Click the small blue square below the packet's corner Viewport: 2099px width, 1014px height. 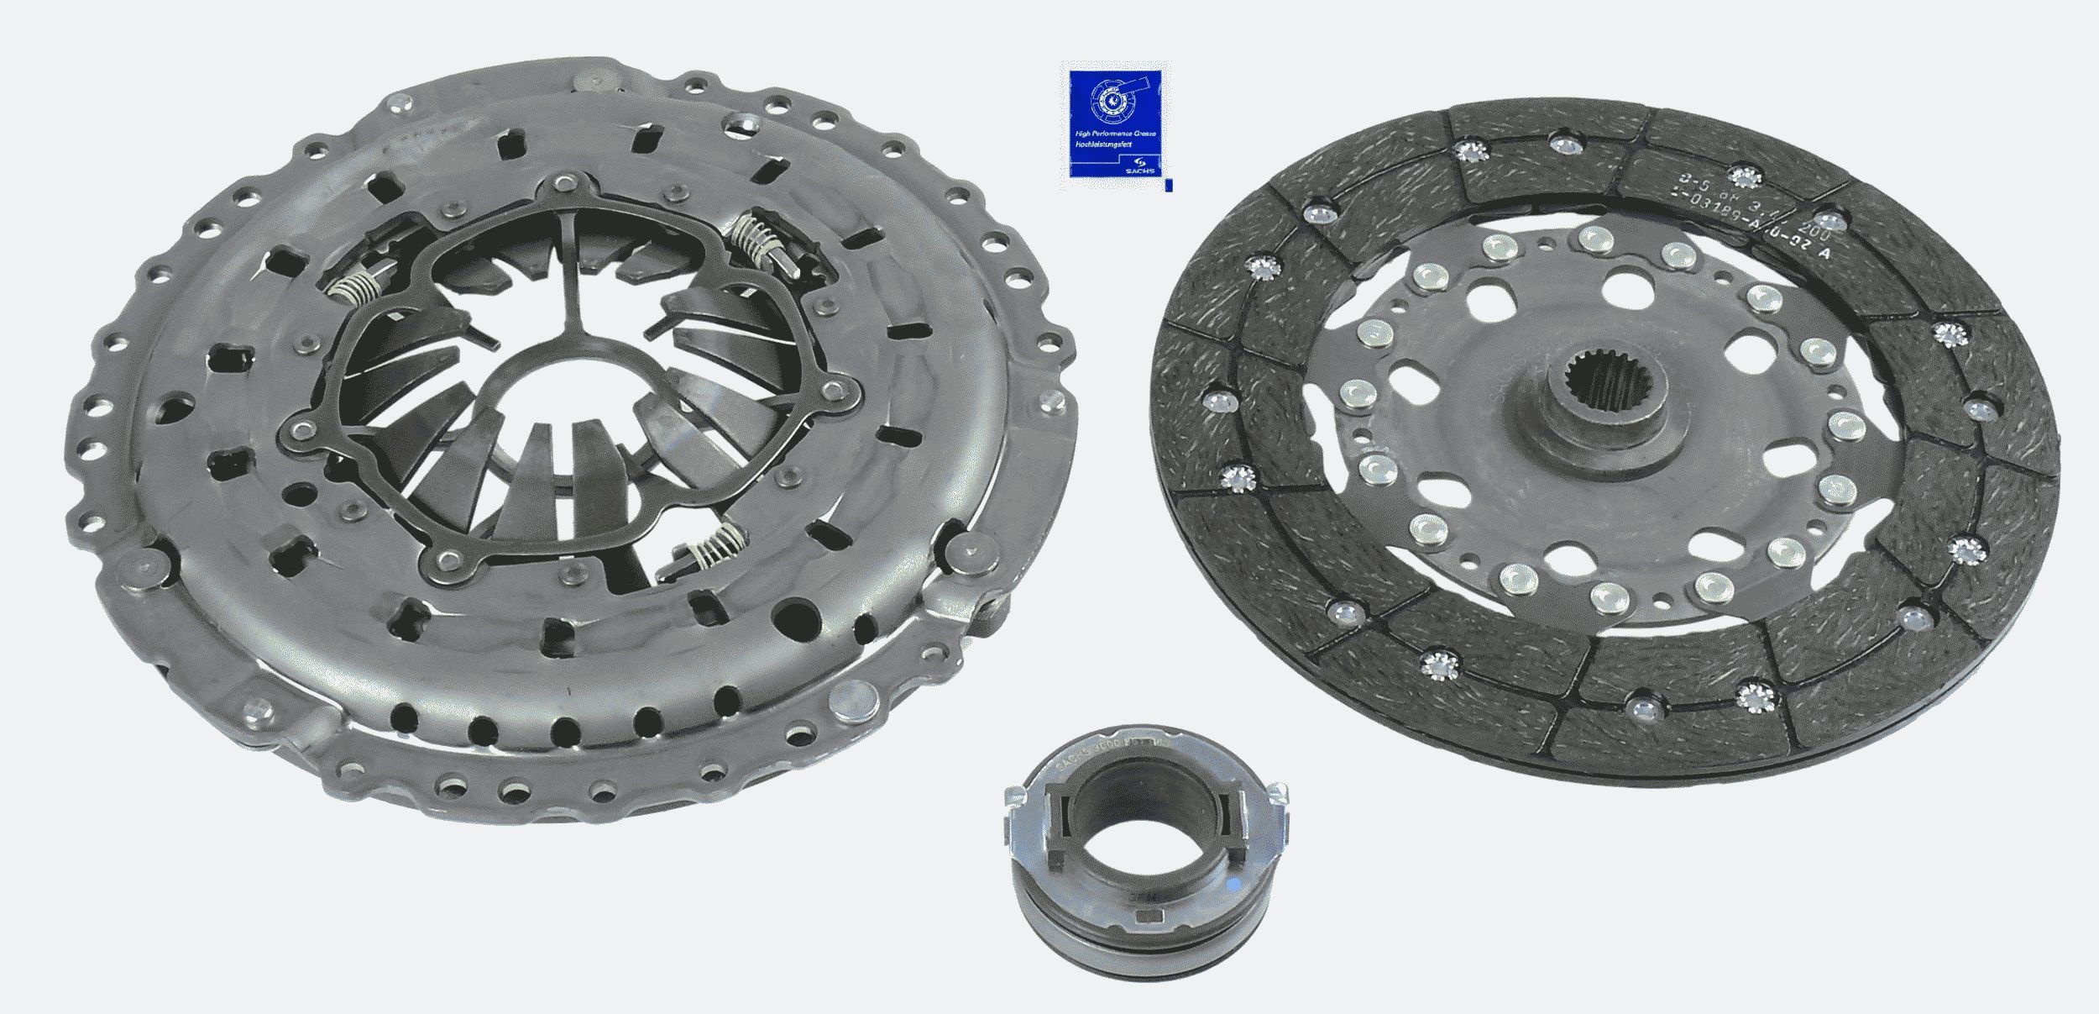coord(1170,186)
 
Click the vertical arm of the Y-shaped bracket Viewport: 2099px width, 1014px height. coord(571,244)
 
